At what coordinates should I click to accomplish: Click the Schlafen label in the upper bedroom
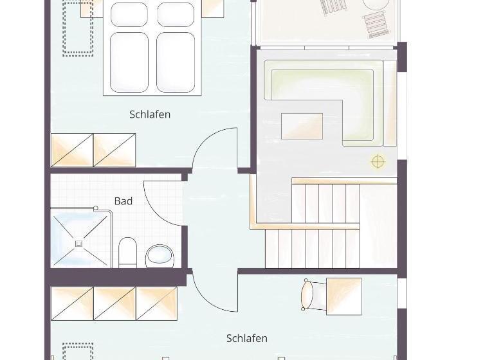click(150, 114)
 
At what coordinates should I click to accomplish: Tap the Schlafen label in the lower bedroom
click(246, 338)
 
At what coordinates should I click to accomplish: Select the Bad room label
click(123, 201)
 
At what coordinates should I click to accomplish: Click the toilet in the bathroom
click(128, 253)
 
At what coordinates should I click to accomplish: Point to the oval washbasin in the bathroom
click(160, 256)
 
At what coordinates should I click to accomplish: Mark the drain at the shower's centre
click(78, 243)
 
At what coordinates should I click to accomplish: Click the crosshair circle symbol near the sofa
click(378, 162)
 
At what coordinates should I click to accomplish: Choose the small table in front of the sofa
click(302, 126)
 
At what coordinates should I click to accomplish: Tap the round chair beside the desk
click(307, 295)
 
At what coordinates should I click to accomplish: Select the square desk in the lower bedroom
click(343, 296)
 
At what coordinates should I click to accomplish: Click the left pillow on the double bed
click(129, 14)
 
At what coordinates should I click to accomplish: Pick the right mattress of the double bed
click(176, 62)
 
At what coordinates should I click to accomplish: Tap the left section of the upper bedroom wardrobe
click(72, 150)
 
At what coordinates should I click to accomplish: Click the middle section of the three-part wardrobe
click(114, 303)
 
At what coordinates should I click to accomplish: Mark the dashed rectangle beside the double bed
click(78, 29)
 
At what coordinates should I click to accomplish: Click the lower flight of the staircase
click(313, 248)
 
